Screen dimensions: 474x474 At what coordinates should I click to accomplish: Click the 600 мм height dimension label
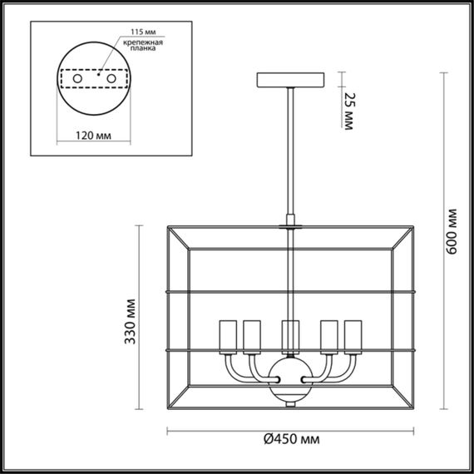pyautogui.click(x=453, y=231)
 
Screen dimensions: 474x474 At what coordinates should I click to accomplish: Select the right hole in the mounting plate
pyautogui.click(x=111, y=78)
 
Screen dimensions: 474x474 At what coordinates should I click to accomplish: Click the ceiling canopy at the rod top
pyautogui.click(x=290, y=81)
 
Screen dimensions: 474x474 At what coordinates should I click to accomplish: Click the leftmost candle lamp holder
pyautogui.click(x=228, y=337)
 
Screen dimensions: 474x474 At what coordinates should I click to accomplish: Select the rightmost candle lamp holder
pyautogui.click(x=353, y=337)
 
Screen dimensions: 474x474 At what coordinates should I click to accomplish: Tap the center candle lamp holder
pyautogui.click(x=290, y=337)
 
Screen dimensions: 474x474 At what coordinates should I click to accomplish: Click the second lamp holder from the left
pyautogui.click(x=252, y=337)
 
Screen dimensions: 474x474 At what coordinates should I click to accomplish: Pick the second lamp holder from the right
pyautogui.click(x=328, y=337)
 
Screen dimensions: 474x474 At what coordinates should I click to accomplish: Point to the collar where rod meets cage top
pyautogui.click(x=290, y=225)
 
